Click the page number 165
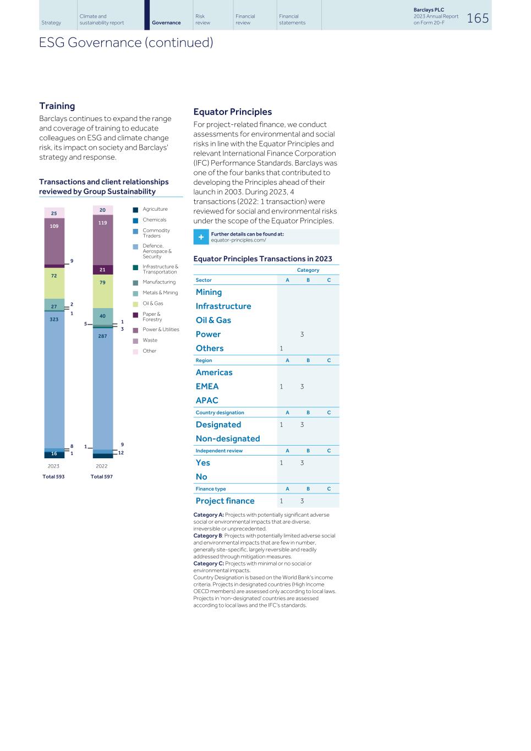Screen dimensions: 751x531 click(x=478, y=18)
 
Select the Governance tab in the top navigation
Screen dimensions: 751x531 click(x=166, y=23)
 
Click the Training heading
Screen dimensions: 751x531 click(x=57, y=106)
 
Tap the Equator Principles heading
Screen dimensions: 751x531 click(x=232, y=112)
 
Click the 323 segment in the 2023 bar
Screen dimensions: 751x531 click(x=54, y=380)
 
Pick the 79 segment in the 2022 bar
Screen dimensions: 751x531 click(x=102, y=290)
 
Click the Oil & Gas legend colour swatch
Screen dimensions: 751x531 click(x=135, y=304)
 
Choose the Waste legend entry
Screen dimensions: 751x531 click(x=150, y=341)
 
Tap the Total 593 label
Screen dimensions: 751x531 click(x=53, y=476)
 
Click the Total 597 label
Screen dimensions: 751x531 click(x=102, y=476)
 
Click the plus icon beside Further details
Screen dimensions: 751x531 click(x=201, y=237)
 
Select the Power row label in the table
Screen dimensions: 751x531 click(x=208, y=334)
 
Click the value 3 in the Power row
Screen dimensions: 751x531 click(x=302, y=334)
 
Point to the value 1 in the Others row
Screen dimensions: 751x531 click(x=281, y=348)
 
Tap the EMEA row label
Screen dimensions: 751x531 click(x=207, y=386)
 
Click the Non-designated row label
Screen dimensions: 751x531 click(x=228, y=438)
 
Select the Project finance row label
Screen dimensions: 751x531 click(x=225, y=501)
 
